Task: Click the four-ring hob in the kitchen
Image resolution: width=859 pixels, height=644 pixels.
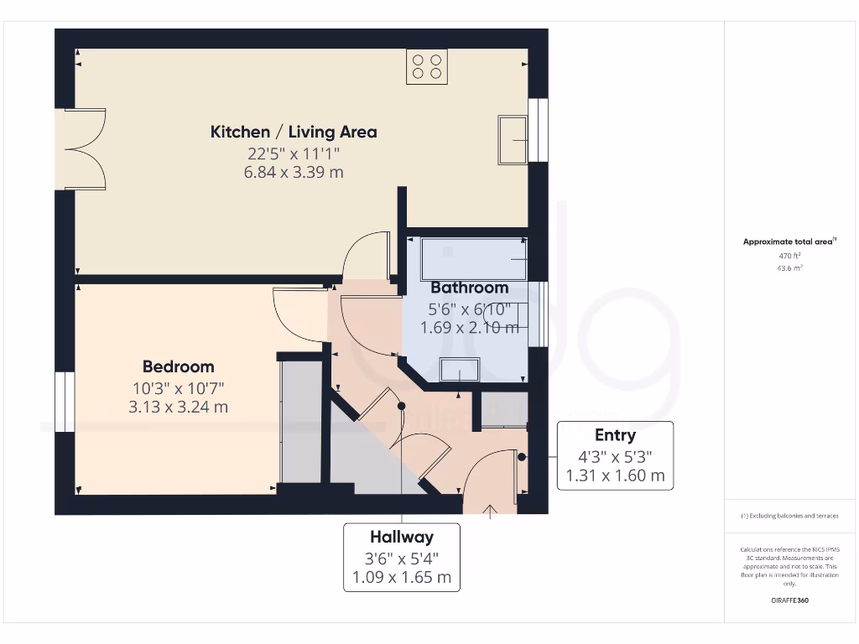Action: coord(426,66)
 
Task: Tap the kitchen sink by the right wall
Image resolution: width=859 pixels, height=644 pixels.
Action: coord(513,139)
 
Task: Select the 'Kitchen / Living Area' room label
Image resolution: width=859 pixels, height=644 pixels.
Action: coord(293,132)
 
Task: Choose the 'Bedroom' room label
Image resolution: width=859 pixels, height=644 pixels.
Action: coord(178,366)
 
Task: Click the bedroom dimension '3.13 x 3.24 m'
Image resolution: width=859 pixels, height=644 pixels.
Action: coord(178,408)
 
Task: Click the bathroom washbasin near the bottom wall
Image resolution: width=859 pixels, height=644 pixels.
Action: coord(460,369)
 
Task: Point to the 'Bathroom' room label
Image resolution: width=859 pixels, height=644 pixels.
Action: coord(470,288)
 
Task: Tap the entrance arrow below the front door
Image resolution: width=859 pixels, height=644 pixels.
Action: coord(491,512)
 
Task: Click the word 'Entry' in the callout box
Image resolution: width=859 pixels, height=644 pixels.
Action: coord(615,434)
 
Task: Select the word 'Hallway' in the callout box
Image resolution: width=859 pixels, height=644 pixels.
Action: coord(402,537)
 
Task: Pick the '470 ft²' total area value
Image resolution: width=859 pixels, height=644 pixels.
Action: coord(789,256)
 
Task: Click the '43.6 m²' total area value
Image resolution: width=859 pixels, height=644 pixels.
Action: coord(789,268)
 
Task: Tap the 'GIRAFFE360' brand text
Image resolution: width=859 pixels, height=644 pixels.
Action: coord(789,600)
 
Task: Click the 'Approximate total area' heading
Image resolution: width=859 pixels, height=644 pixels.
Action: coord(789,241)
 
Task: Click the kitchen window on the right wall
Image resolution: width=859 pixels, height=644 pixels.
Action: coord(539,130)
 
